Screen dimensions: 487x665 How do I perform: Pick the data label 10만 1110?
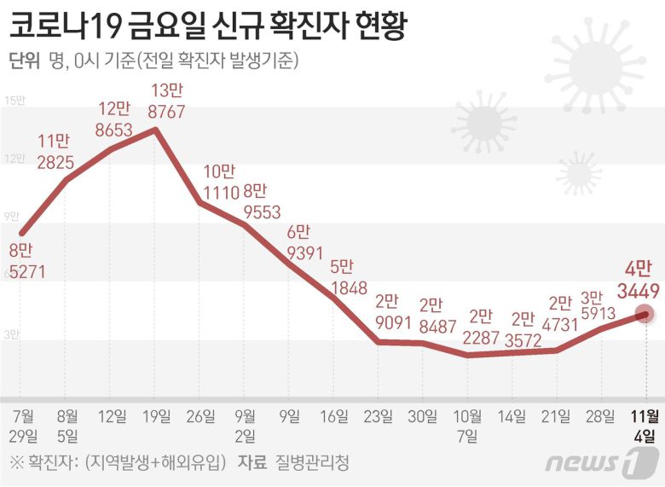coord(218,180)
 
